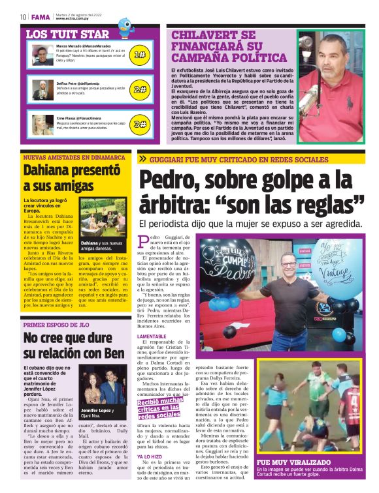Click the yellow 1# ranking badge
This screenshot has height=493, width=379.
tap(139, 55)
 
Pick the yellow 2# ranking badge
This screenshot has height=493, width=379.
tap(139, 89)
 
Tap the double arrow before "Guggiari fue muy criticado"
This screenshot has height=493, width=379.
tap(142, 159)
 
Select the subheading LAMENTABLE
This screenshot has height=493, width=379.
tap(152, 336)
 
